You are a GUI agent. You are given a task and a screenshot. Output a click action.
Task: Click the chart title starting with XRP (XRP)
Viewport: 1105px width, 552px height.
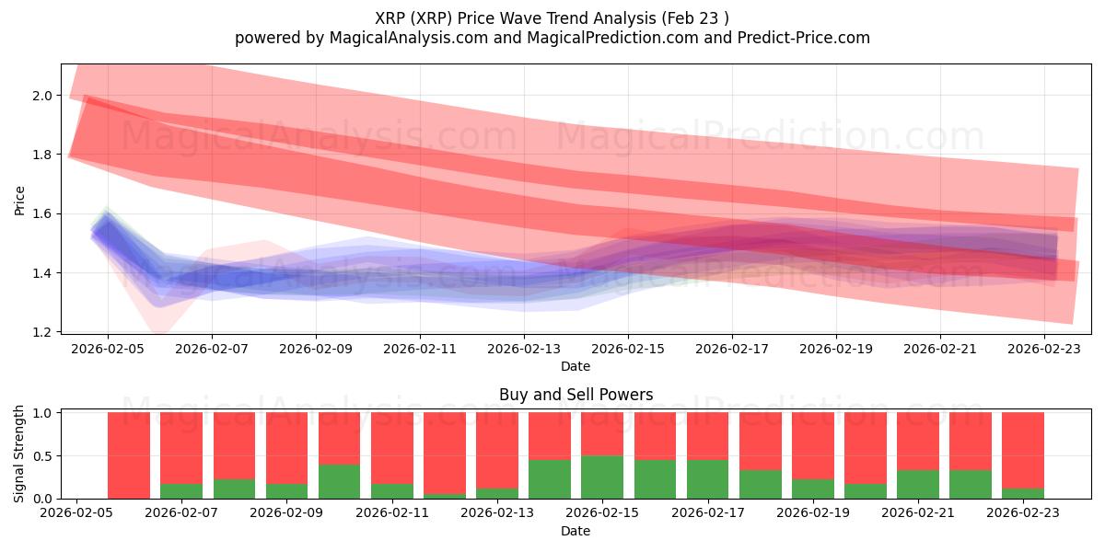pos(552,17)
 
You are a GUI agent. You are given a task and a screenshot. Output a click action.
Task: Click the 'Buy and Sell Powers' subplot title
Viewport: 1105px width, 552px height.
pos(576,395)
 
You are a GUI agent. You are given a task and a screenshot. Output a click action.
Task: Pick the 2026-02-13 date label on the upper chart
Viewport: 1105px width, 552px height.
pos(524,350)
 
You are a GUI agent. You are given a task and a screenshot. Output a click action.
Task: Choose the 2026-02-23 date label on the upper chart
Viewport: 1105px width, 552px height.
pos(1044,350)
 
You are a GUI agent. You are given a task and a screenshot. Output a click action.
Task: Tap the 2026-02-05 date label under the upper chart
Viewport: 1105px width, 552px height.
pos(108,350)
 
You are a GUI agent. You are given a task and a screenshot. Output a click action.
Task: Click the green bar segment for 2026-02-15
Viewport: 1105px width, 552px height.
pos(602,477)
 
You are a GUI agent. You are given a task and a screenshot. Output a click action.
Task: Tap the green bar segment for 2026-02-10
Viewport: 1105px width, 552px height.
pos(339,481)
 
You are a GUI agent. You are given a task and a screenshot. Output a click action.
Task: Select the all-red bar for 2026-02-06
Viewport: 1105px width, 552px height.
pos(129,455)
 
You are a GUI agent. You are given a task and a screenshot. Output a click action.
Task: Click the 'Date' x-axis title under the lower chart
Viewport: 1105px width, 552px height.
pos(576,531)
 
